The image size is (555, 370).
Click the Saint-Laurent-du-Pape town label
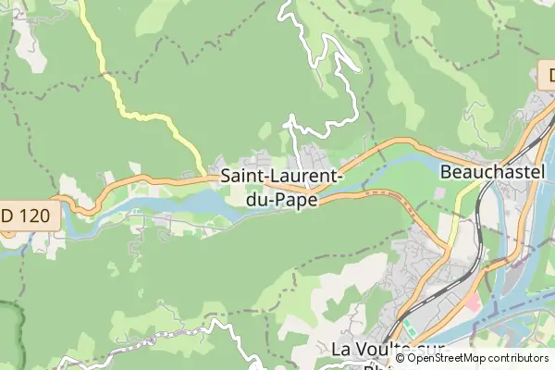pos(282,186)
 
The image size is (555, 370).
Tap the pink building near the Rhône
pos(473,302)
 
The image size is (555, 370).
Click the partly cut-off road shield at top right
pos(547,72)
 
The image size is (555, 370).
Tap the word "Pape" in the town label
pos(296,198)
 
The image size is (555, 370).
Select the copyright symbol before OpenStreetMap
pos(400,358)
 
